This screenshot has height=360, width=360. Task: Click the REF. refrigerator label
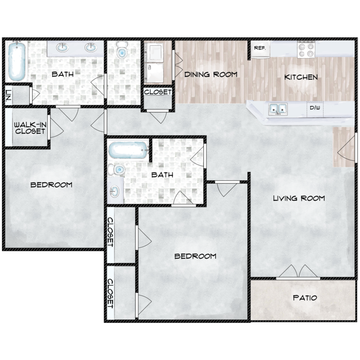pyautogui.click(x=260, y=48)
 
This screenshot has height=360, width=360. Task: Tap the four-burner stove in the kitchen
pyautogui.click(x=306, y=49)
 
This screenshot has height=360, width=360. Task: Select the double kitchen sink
pyautogui.click(x=278, y=109)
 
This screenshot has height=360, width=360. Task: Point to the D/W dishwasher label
pyautogui.click(x=315, y=107)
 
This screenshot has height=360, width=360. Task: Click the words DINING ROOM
pyautogui.click(x=211, y=74)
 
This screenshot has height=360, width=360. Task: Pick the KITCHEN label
pyautogui.click(x=301, y=77)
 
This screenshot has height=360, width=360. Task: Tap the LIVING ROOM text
pyautogui.click(x=299, y=198)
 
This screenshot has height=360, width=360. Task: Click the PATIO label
pyautogui.click(x=305, y=298)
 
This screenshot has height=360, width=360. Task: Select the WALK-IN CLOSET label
pyautogui.click(x=30, y=128)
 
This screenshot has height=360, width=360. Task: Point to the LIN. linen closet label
pyautogui.click(x=8, y=95)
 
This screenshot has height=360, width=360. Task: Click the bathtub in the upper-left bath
pyautogui.click(x=17, y=61)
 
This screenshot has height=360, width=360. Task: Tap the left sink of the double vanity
pyautogui.click(x=62, y=48)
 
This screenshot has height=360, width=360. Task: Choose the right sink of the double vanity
pyautogui.click(x=91, y=48)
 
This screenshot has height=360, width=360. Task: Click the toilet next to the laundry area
pyautogui.click(x=121, y=49)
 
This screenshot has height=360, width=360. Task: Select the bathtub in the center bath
pyautogui.click(x=128, y=150)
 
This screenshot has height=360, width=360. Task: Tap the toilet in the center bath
pyautogui.click(x=117, y=169)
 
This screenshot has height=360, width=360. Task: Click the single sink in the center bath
pyautogui.click(x=114, y=191)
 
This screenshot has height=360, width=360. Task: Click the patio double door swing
pyautogui.click(x=298, y=271)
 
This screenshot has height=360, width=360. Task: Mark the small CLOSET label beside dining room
pyautogui.click(x=158, y=92)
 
